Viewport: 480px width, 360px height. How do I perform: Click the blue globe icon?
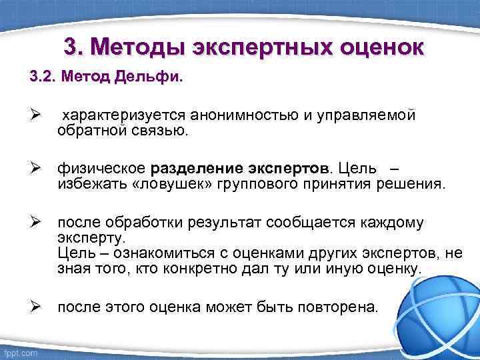pos(440,310)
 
